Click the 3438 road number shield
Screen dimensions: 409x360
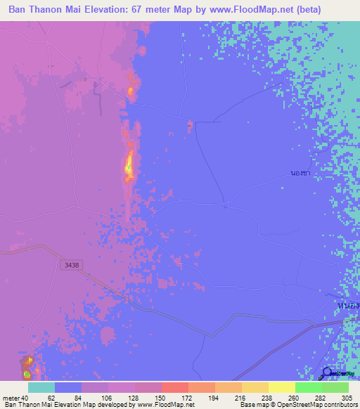(70, 264)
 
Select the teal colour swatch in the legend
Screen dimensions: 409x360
(41, 387)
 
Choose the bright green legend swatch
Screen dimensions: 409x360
(308, 387)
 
